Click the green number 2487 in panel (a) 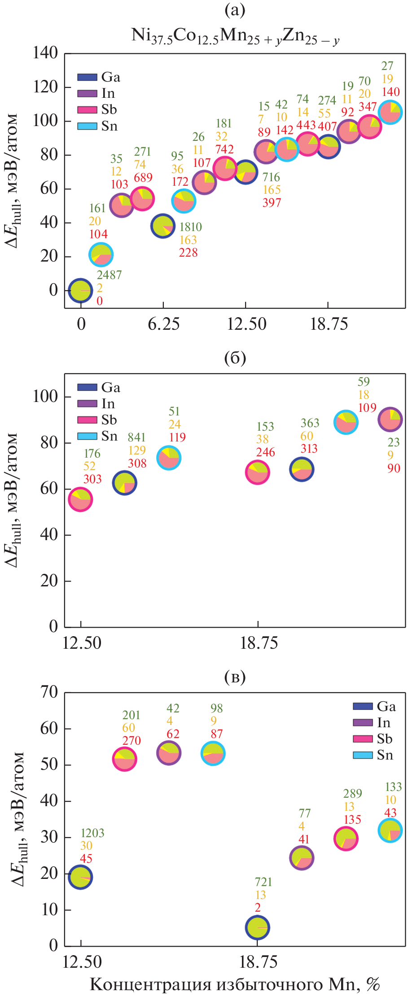click(x=109, y=275)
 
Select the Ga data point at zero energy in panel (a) click(x=81, y=290)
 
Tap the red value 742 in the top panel click(x=224, y=149)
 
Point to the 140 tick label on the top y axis click(x=45, y=53)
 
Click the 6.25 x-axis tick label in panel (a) click(x=163, y=324)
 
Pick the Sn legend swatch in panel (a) click(x=87, y=126)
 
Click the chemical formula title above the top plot click(x=235, y=35)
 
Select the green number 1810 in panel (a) click(x=190, y=227)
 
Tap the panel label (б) click(x=235, y=358)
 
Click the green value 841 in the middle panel click(x=136, y=437)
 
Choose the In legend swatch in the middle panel click(x=87, y=404)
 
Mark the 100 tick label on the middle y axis click(x=45, y=397)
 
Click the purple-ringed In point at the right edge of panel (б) click(x=390, y=419)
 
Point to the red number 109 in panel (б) click(x=367, y=407)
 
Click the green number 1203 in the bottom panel click(x=92, y=833)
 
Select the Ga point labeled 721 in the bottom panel click(x=257, y=927)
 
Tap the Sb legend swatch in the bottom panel click(x=363, y=739)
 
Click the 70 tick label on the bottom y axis click(x=49, y=692)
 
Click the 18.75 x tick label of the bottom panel click(x=258, y=961)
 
